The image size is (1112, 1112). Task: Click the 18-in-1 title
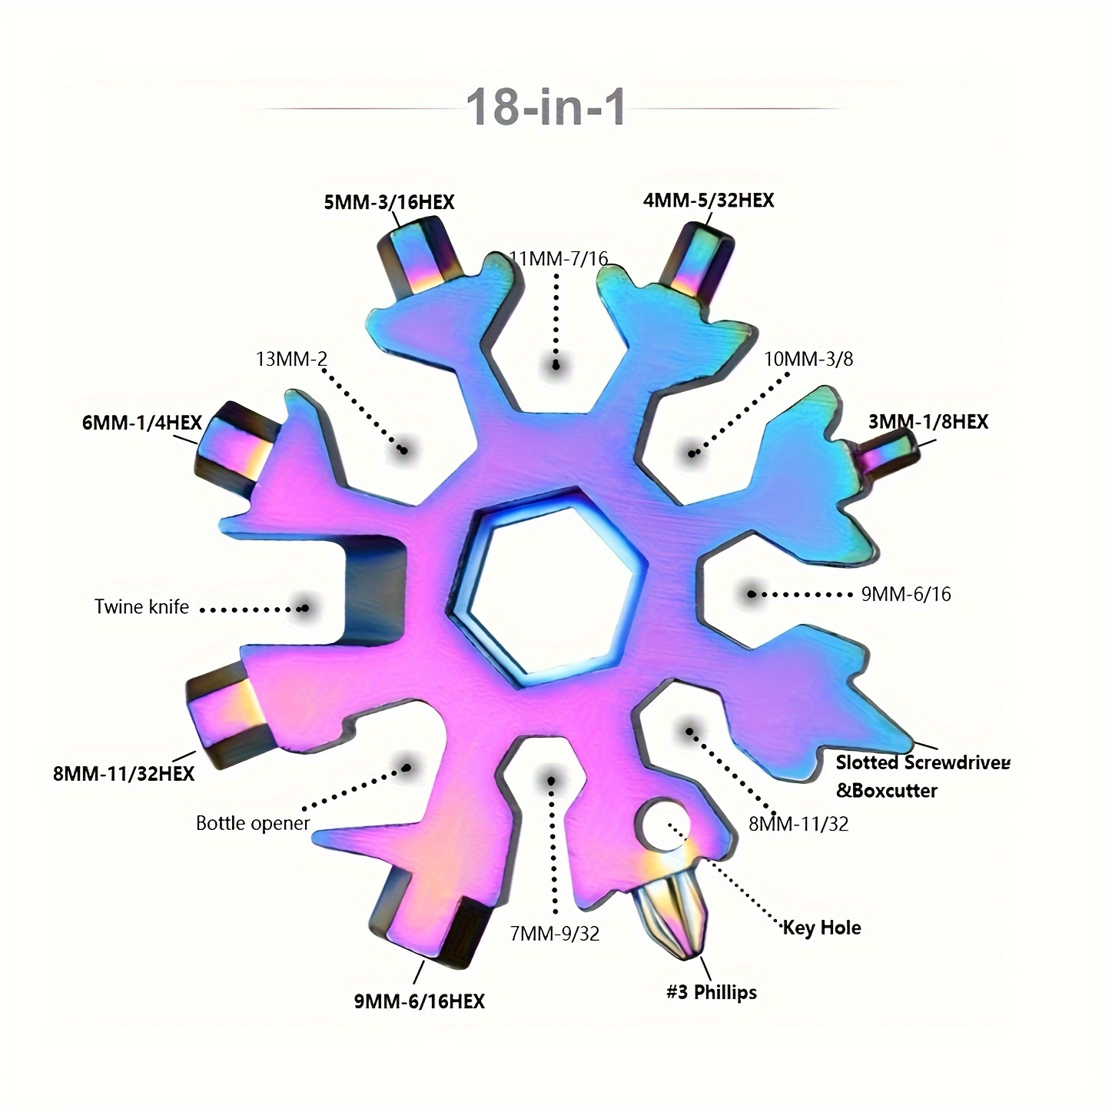tap(546, 107)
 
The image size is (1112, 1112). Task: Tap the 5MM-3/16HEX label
tap(388, 202)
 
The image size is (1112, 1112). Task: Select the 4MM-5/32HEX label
tap(709, 201)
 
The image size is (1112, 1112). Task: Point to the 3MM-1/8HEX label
tap(928, 422)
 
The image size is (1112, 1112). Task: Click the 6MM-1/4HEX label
tap(141, 423)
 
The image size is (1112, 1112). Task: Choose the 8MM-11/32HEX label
tap(124, 773)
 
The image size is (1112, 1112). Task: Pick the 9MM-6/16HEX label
tap(420, 1001)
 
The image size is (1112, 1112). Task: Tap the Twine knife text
tap(141, 607)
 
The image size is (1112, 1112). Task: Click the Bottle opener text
tap(253, 824)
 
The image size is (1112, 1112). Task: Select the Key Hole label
tap(822, 928)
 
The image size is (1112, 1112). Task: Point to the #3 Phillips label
tap(711, 992)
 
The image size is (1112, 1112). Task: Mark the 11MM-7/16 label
tap(559, 259)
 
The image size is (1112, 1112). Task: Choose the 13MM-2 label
tap(291, 359)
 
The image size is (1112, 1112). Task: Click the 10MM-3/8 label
tap(808, 359)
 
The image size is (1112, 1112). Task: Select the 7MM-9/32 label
tap(554, 934)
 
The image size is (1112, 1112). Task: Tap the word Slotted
tap(867, 762)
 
